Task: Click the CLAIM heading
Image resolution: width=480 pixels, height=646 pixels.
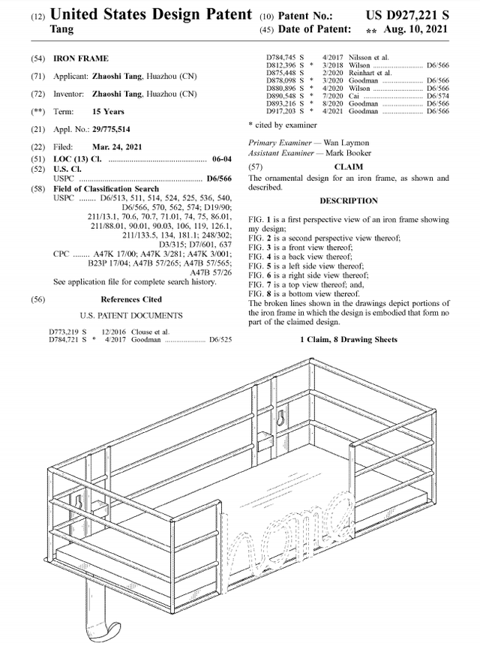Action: tap(348, 167)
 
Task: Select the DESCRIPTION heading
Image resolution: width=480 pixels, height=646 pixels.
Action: tap(348, 201)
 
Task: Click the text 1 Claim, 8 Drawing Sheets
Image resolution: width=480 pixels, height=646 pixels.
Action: tap(348, 340)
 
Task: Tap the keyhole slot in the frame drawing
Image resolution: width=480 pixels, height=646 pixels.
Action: tap(280, 417)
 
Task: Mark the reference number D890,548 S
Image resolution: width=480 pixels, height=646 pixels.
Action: tap(286, 96)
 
